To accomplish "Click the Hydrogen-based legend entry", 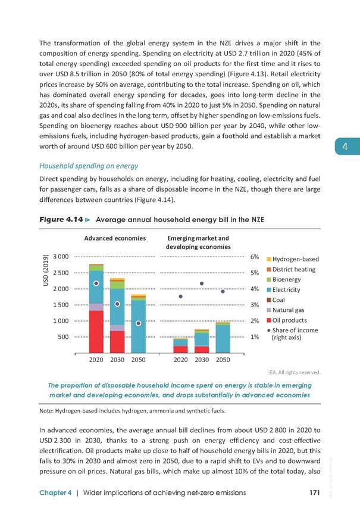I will coord(295,259).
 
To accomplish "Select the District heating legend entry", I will coord(295,269).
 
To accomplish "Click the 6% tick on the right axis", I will coord(254,257).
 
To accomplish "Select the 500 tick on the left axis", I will coord(63,337).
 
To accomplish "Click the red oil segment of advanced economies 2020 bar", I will coord(96,332).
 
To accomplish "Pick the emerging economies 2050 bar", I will coord(223,337).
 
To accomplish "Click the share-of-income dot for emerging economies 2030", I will coord(202,283).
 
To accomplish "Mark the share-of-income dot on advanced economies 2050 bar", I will coord(138,323).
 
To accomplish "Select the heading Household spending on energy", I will coord(89,166).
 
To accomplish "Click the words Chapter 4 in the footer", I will coord(57,492).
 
